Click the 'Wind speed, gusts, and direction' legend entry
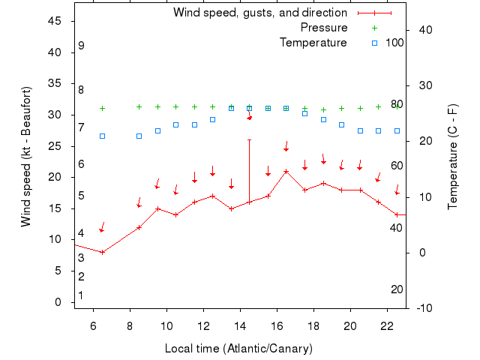[x=259, y=13]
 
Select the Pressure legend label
[x=324, y=28]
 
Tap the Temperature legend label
[x=313, y=43]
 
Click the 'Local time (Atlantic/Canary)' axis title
[x=238, y=349]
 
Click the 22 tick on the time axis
[x=386, y=325]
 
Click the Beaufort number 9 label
[x=81, y=46]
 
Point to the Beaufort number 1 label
[x=81, y=295]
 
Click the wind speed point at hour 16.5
[x=286, y=171]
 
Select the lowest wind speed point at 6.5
[x=103, y=252]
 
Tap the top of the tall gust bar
[x=249, y=139]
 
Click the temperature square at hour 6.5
[x=103, y=136]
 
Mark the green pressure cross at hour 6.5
[x=103, y=108]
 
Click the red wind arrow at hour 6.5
[x=102, y=227]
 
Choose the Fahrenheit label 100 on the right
[x=395, y=43]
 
